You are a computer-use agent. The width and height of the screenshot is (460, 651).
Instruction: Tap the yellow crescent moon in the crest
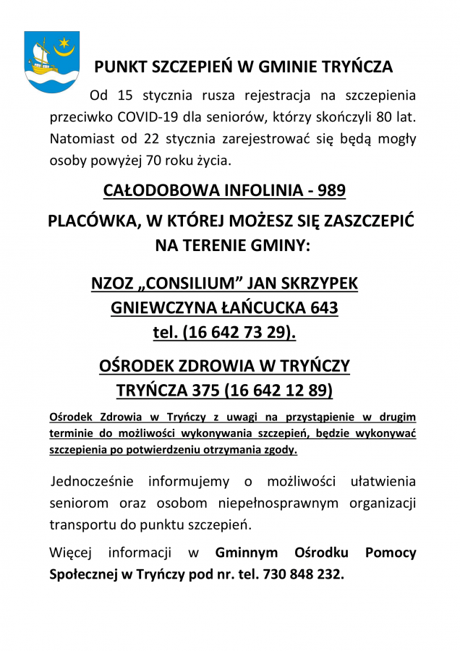[67, 51]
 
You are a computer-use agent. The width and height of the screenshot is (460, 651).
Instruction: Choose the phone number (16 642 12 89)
[278, 391]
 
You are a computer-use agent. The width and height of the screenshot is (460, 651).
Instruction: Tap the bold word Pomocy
[391, 553]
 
